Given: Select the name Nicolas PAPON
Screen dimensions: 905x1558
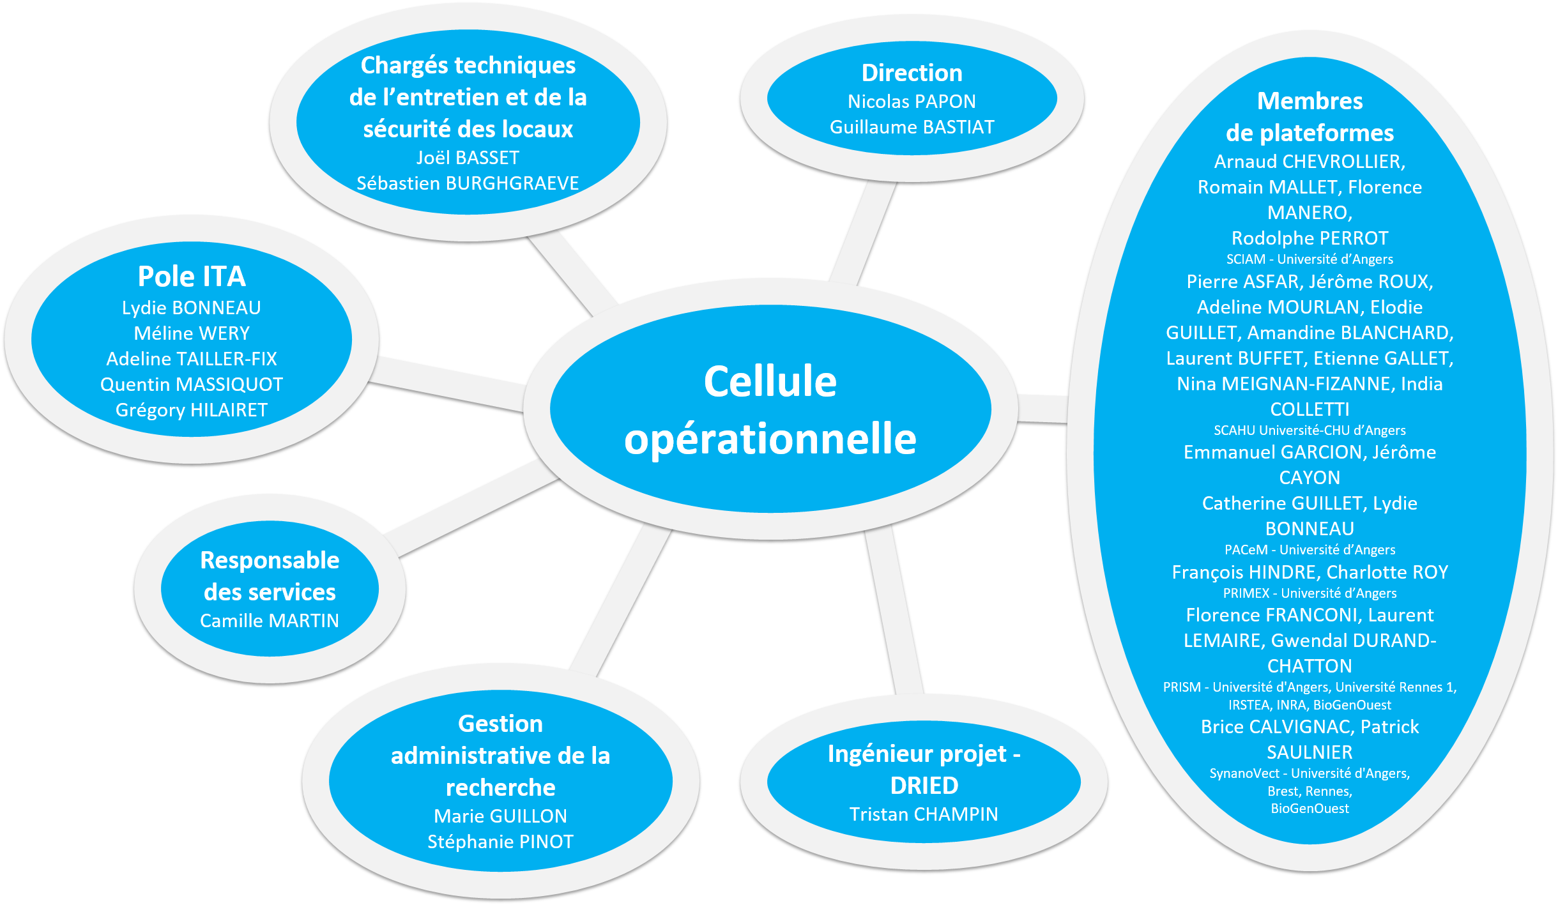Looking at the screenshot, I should pyautogui.click(x=912, y=102).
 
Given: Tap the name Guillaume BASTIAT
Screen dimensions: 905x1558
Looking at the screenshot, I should pyautogui.click(x=912, y=127).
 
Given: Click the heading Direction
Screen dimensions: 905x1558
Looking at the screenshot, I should pyautogui.click(x=912, y=73).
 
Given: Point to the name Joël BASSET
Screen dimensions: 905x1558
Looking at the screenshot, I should pyautogui.click(x=468, y=158).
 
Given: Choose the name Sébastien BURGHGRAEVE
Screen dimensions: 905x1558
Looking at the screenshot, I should pyautogui.click(x=468, y=183).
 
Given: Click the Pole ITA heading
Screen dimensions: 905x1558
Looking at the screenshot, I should pyautogui.click(x=192, y=277).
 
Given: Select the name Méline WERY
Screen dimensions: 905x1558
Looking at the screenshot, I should pyautogui.click(x=192, y=333).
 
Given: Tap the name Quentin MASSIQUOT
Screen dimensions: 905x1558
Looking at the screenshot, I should pyautogui.click(x=192, y=384).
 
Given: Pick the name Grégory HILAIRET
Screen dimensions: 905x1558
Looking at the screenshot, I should pyautogui.click(x=192, y=410).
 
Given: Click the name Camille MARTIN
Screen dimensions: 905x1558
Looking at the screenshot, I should pyautogui.click(x=270, y=621).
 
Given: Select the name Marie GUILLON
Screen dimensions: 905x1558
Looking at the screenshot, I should pyautogui.click(x=500, y=816).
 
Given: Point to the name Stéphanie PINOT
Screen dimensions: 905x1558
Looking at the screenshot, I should pyautogui.click(x=500, y=842).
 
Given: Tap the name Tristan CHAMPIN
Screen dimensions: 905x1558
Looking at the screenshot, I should pyautogui.click(x=924, y=814).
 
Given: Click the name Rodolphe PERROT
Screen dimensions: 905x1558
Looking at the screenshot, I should pyautogui.click(x=1310, y=238).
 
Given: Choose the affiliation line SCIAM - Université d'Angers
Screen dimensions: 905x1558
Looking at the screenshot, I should pyautogui.click(x=1310, y=259).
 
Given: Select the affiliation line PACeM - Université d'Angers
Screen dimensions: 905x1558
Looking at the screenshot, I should pyautogui.click(x=1310, y=550).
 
